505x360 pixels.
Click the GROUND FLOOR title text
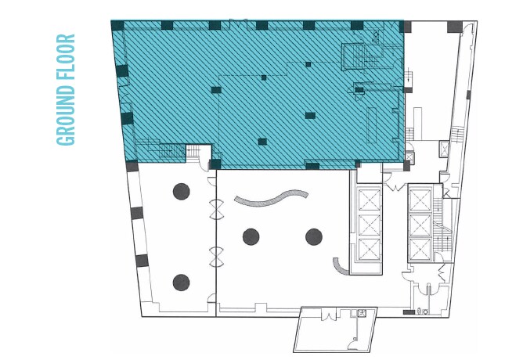pyautogui.click(x=67, y=89)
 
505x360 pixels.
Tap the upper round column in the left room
pyautogui.click(x=182, y=189)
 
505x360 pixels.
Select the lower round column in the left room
pyautogui.click(x=182, y=282)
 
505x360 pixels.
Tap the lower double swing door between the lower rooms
pyautogui.click(x=216, y=255)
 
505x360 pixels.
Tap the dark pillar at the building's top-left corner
pyautogui.click(x=118, y=26)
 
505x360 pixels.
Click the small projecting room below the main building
pyautogui.click(x=335, y=329)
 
